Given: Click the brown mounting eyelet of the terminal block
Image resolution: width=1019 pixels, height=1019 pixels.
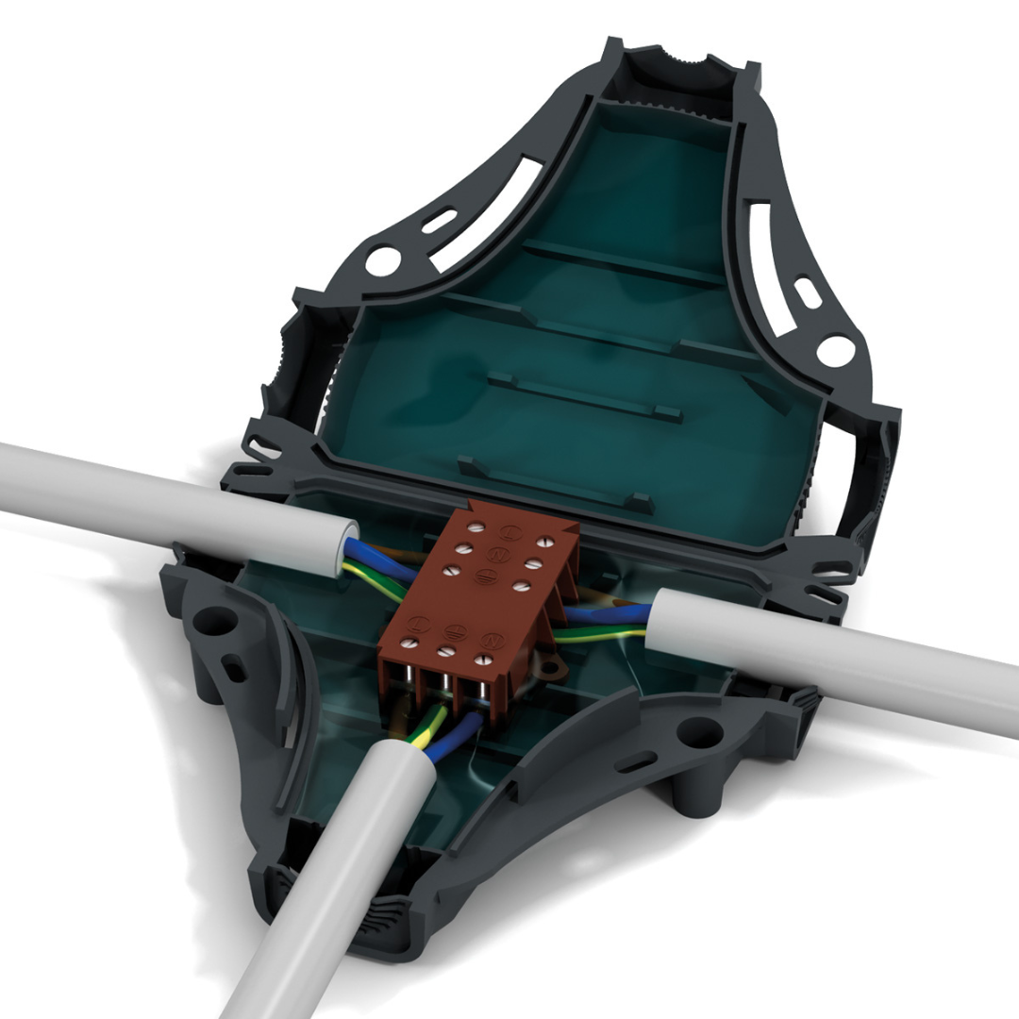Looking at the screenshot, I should pyautogui.click(x=550, y=667).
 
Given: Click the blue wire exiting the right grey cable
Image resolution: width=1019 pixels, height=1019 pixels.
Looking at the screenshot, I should pyautogui.click(x=604, y=614).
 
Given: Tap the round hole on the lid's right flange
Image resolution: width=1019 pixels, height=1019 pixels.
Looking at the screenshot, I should pyautogui.click(x=835, y=351).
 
